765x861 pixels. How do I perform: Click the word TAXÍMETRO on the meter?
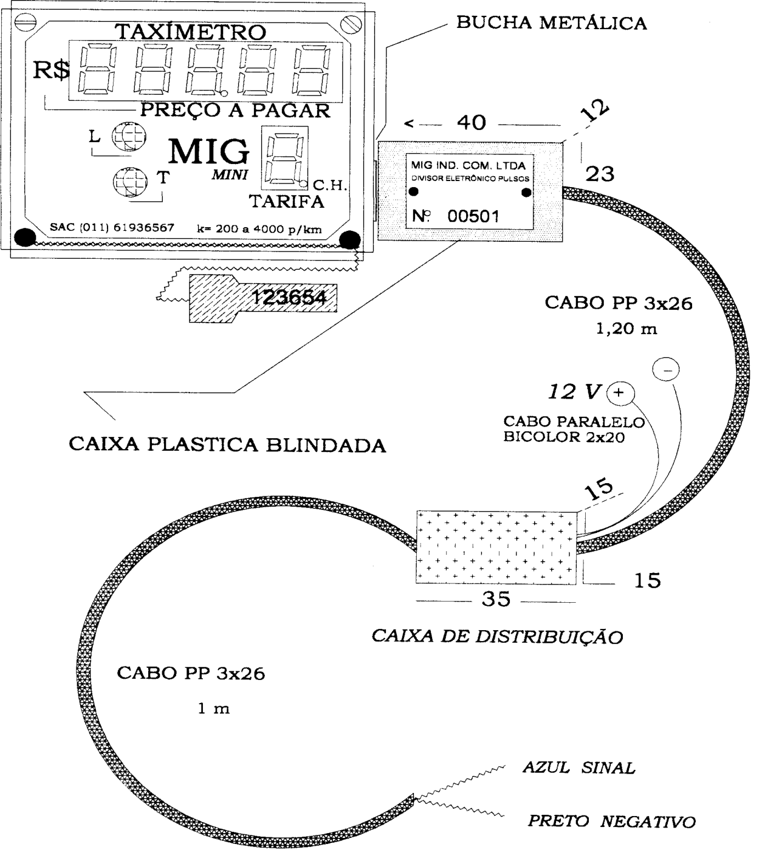tap(190, 32)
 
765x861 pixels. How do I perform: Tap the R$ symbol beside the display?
tap(52, 70)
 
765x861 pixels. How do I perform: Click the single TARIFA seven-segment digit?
tap(285, 157)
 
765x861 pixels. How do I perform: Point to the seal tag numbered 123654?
tap(262, 298)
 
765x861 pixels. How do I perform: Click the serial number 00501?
tap(473, 216)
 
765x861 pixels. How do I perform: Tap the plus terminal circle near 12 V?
tap(620, 393)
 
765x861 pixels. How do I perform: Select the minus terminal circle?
tap(666, 369)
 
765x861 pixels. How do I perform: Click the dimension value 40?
tap(472, 122)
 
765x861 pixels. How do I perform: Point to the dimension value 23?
tap(600, 174)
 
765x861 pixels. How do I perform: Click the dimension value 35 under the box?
tap(496, 599)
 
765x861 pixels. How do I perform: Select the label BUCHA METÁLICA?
tap(552, 22)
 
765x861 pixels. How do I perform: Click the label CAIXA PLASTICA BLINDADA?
tap(227, 445)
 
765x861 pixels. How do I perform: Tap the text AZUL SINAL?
tap(579, 768)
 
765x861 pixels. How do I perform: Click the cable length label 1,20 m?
tap(626, 329)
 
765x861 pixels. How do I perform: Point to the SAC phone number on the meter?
tap(112, 227)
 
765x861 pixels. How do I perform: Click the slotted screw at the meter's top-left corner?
tap(26, 22)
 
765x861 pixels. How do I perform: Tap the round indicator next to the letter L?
tap(129, 136)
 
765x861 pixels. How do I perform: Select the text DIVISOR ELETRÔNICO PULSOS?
tap(470, 179)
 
